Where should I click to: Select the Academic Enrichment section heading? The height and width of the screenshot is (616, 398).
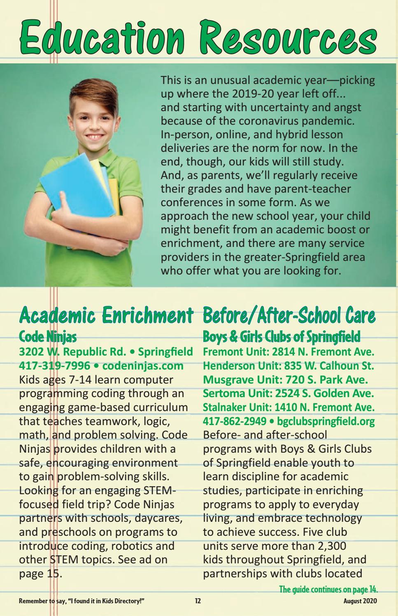pyautogui.click(x=106, y=317)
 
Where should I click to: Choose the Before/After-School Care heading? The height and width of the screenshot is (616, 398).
pyautogui.click(x=289, y=317)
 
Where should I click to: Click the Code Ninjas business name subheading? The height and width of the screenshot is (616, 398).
pyautogui.click(x=48, y=337)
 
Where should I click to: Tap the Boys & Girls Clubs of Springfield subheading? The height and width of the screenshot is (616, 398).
pyautogui.click(x=282, y=337)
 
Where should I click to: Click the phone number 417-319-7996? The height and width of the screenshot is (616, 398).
pyautogui.click(x=54, y=365)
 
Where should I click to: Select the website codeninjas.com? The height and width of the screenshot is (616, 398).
pyautogui.click(x=142, y=365)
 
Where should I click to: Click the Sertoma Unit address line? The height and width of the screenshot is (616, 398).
pyautogui.click(x=289, y=393)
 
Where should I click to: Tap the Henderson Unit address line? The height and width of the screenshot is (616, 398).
pyautogui.click(x=289, y=365)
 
